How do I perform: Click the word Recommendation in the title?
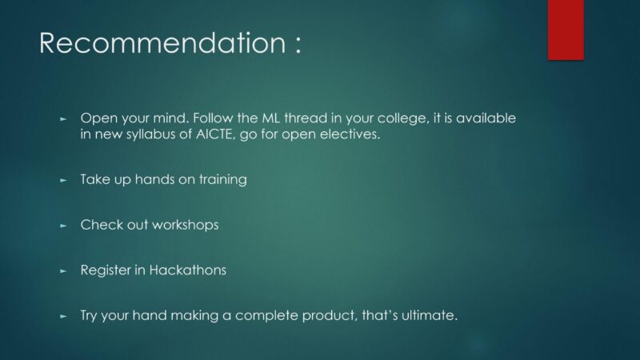click(x=162, y=42)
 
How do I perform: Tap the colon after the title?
click(x=298, y=44)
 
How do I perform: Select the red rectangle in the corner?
click(x=566, y=30)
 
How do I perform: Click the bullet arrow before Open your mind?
click(x=63, y=119)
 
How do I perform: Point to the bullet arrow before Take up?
click(x=63, y=180)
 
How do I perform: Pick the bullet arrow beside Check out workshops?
click(x=63, y=226)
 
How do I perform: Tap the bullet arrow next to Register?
click(x=63, y=270)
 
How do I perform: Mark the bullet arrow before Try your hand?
click(x=63, y=316)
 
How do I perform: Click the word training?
click(x=223, y=180)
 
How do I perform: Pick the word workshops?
click(x=186, y=226)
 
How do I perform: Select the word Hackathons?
click(x=188, y=270)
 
